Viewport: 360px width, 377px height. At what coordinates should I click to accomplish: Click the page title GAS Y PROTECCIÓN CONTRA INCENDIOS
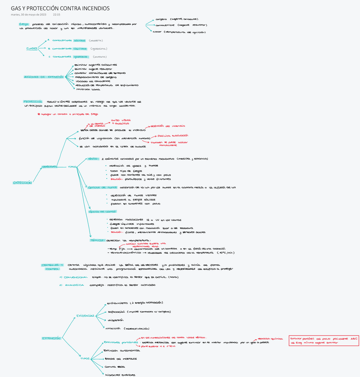[x=60, y=8]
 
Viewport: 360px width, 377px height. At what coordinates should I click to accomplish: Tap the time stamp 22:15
[x=57, y=15]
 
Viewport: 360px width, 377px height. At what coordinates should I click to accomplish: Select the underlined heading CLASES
[x=32, y=48]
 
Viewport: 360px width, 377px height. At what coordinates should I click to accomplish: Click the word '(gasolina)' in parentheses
[x=98, y=48]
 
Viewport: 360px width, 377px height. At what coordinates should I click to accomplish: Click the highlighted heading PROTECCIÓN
[x=32, y=101]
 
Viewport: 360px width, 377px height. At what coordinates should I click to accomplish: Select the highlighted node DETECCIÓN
[x=22, y=182]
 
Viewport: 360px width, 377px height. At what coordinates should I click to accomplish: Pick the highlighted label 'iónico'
[x=93, y=158]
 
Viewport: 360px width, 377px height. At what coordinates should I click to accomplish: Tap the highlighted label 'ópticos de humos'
[x=102, y=187]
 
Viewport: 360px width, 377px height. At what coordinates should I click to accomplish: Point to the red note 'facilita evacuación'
[x=173, y=135]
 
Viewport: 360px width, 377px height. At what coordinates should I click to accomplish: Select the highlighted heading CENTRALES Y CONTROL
[x=53, y=267]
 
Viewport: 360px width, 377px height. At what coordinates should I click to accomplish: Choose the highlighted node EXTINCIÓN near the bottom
[x=51, y=338]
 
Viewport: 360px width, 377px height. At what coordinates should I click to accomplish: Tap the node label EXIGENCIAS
[x=85, y=315]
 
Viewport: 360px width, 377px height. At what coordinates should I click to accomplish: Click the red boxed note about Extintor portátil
[x=324, y=340]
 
